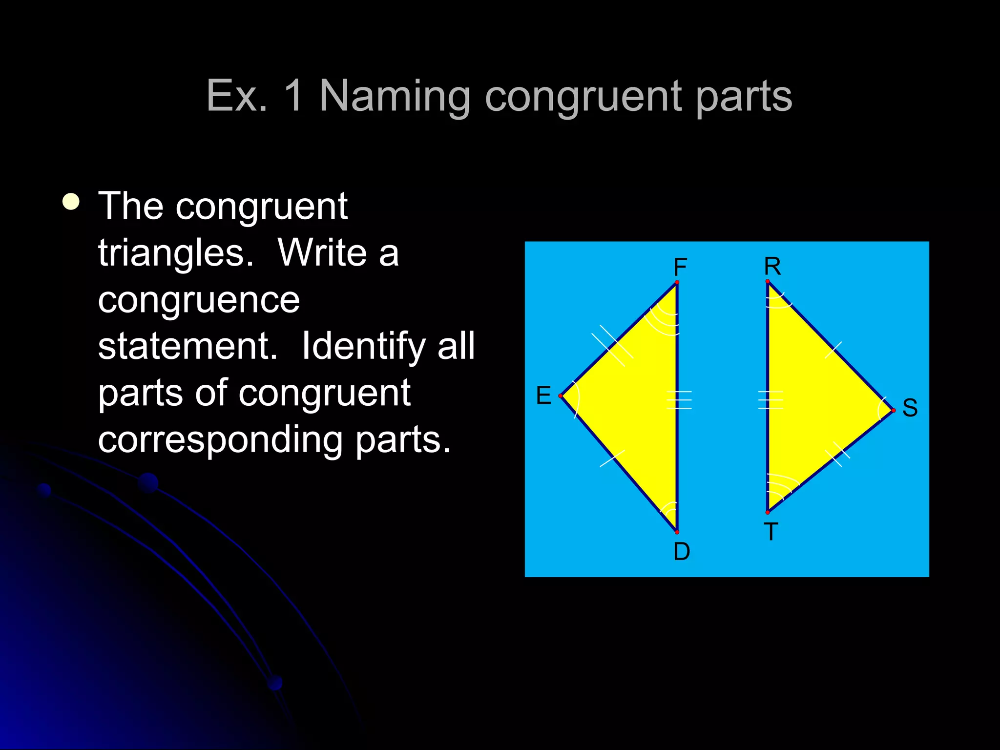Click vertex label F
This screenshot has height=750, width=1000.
pos(680,267)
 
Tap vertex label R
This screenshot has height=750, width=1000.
pos(772,266)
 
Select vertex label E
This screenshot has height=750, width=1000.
pos(543,395)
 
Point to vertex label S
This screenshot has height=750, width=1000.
pos(910,407)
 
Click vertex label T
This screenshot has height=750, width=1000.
pos(771,532)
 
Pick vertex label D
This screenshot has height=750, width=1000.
pos(682,552)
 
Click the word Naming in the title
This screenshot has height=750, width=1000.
pos(395,96)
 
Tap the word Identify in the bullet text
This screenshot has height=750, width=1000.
pos(364,346)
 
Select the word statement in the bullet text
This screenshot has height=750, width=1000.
pos(187,346)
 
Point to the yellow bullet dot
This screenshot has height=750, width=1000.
pos(71,202)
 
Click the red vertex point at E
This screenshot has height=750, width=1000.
pos(561,396)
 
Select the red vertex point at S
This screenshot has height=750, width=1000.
pos(893,411)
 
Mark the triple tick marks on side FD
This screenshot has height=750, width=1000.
pos(679,400)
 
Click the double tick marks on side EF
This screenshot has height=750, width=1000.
pos(612,346)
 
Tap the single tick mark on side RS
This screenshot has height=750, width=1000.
pos(833,350)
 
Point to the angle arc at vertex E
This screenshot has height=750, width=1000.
pos(577,398)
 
